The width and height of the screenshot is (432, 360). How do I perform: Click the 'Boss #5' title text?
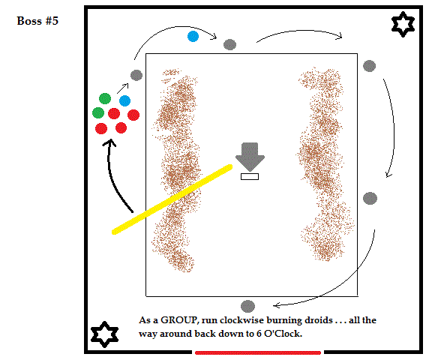point(37,21)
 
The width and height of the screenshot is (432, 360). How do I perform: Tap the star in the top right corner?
point(403,24)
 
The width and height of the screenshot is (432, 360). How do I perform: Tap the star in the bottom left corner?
point(104,334)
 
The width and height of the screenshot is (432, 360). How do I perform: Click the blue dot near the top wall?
point(193,36)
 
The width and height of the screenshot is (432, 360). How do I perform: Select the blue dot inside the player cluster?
point(124,100)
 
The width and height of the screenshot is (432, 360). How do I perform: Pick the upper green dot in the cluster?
point(105,98)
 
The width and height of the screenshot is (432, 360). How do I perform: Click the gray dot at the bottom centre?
point(247,306)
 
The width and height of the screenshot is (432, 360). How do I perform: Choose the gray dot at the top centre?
point(229,44)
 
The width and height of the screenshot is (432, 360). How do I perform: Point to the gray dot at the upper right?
point(370,66)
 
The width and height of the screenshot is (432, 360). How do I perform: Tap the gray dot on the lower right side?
point(370,198)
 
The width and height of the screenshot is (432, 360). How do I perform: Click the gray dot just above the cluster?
point(136,75)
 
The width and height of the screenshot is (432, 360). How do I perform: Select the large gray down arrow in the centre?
point(250,157)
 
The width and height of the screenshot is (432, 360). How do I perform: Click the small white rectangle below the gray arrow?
point(250,176)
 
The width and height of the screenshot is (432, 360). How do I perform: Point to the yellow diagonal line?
point(172,199)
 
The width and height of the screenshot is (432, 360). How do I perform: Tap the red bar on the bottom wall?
point(258,352)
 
